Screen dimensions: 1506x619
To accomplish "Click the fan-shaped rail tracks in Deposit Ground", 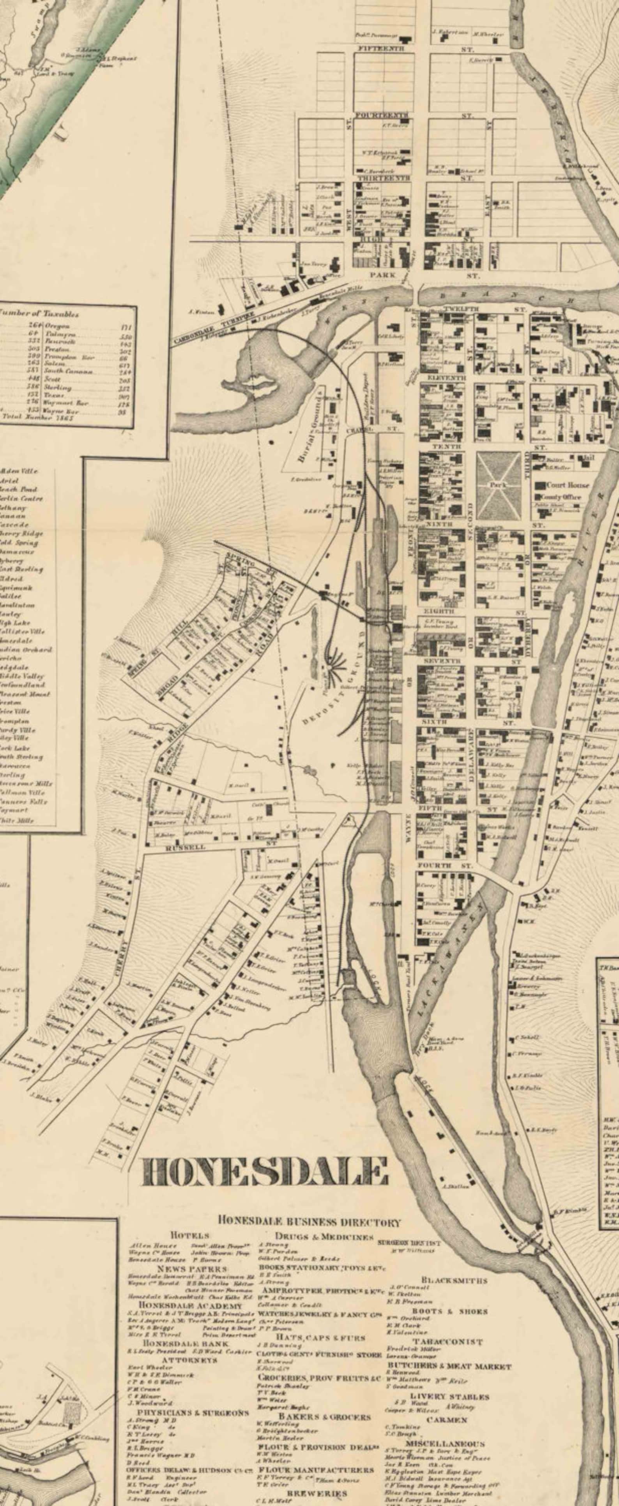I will coord(336,665).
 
